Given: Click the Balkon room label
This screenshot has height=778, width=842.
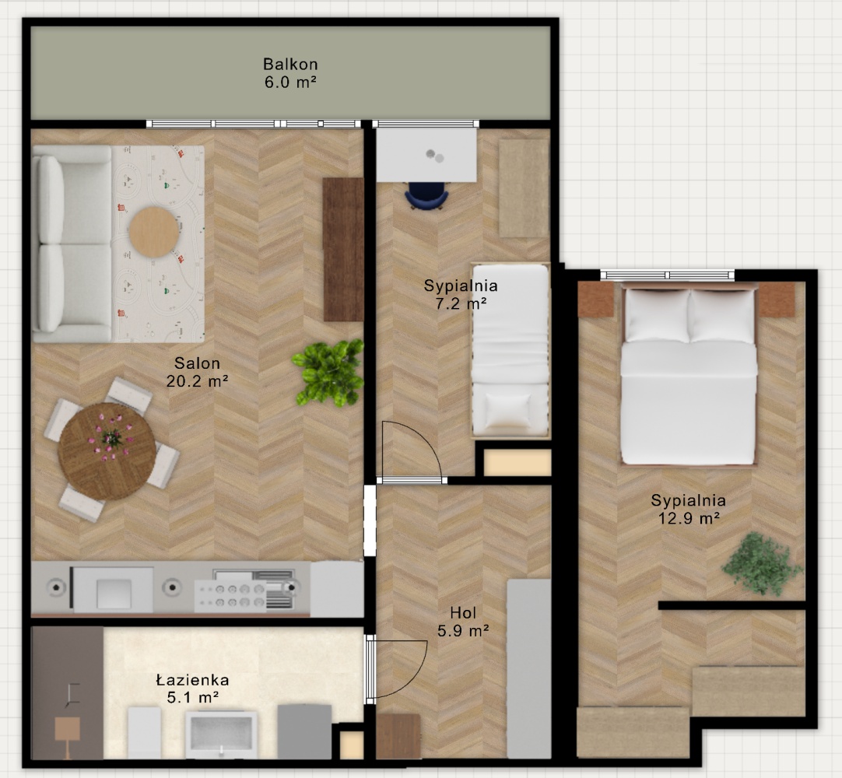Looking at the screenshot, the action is [x=290, y=65].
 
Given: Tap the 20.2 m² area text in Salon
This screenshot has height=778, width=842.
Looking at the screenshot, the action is [x=197, y=381].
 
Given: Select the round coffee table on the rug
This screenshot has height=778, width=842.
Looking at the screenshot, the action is [x=153, y=232].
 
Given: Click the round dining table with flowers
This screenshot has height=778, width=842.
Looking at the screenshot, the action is [x=107, y=451].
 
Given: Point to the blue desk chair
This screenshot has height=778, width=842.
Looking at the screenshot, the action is [x=426, y=196].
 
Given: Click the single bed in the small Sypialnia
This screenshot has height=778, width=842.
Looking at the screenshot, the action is [x=510, y=351].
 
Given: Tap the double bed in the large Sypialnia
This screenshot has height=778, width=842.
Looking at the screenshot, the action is [x=689, y=376].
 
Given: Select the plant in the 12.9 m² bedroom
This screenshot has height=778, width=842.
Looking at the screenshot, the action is [x=762, y=564].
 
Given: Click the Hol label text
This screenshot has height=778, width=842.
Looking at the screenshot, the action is [x=463, y=612].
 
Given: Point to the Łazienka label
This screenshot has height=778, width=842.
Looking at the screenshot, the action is [x=192, y=680].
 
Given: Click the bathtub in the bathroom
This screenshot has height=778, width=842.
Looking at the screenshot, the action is [x=221, y=734].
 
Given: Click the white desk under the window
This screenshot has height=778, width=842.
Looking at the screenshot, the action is [x=426, y=156].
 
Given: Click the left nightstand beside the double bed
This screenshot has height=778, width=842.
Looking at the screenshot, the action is [x=596, y=300].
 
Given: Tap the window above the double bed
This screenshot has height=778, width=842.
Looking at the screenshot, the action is [x=668, y=275].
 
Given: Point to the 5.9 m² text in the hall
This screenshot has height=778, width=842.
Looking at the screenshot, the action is [x=463, y=631].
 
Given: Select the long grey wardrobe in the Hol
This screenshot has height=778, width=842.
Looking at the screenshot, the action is [x=529, y=669].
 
